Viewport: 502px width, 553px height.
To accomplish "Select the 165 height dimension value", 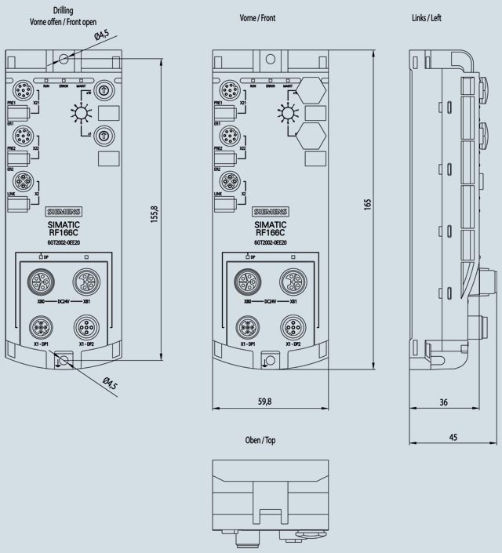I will coord(366,203).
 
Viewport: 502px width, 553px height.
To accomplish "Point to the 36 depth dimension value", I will coord(443,402).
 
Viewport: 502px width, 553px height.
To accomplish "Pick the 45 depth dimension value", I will coord(453,438).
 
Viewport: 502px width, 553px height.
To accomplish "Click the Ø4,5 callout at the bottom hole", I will coord(111,384).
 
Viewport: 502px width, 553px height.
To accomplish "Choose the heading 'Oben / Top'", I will coord(259,440).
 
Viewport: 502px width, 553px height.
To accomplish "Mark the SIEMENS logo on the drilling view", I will coord(64,212).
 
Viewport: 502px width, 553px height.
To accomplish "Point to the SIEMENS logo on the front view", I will coord(271,212).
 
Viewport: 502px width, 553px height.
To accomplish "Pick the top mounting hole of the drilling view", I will coord(64,58).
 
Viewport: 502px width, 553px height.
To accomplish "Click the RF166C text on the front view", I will coord(271,232).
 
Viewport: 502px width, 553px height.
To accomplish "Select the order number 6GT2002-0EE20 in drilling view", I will coord(64,243).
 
